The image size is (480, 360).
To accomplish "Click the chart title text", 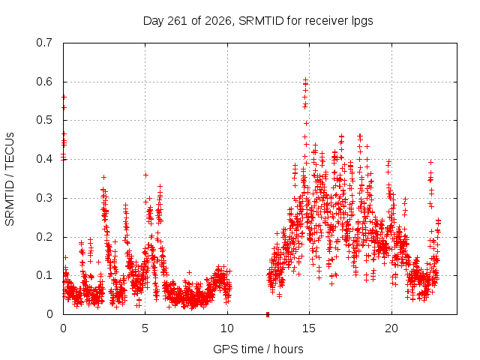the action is tap(258, 21).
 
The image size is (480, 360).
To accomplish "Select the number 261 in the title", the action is tap(178, 21).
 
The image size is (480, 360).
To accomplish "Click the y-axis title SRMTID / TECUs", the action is tap(10, 179).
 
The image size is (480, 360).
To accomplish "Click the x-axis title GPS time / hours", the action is tap(258, 349).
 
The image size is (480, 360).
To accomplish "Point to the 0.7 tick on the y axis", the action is tap(44, 43).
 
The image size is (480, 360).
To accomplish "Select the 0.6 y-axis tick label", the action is tap(44, 82).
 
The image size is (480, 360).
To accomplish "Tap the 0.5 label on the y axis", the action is tap(44, 120).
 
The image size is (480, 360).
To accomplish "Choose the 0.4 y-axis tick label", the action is tap(44, 159).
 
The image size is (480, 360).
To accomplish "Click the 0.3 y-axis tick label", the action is tap(44, 198).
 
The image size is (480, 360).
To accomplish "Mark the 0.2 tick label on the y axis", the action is tap(44, 237).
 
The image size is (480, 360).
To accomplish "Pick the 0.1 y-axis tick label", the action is tap(44, 275).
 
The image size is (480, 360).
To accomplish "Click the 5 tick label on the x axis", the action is tap(145, 328).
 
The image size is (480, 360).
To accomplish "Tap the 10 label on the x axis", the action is tap(227, 328).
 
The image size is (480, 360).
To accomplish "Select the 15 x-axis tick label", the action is tap(309, 328).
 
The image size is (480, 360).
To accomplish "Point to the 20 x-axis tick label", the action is tap(391, 328).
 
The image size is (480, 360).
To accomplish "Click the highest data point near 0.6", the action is tap(305, 80).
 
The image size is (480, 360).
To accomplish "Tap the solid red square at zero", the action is tap(268, 314).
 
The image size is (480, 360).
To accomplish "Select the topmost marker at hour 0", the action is tap(64, 97).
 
